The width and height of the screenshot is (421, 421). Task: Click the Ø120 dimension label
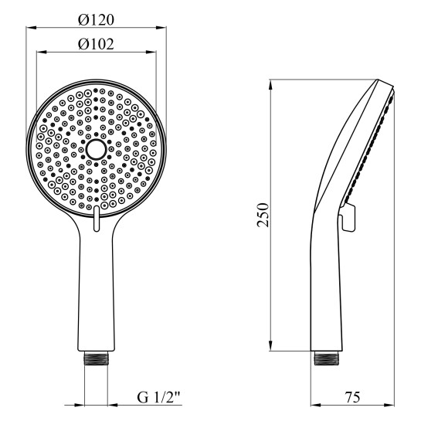(97, 17)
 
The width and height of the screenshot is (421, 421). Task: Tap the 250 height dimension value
(263, 214)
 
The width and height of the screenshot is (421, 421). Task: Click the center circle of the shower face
(97, 149)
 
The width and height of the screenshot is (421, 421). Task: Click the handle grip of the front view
(97, 294)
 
